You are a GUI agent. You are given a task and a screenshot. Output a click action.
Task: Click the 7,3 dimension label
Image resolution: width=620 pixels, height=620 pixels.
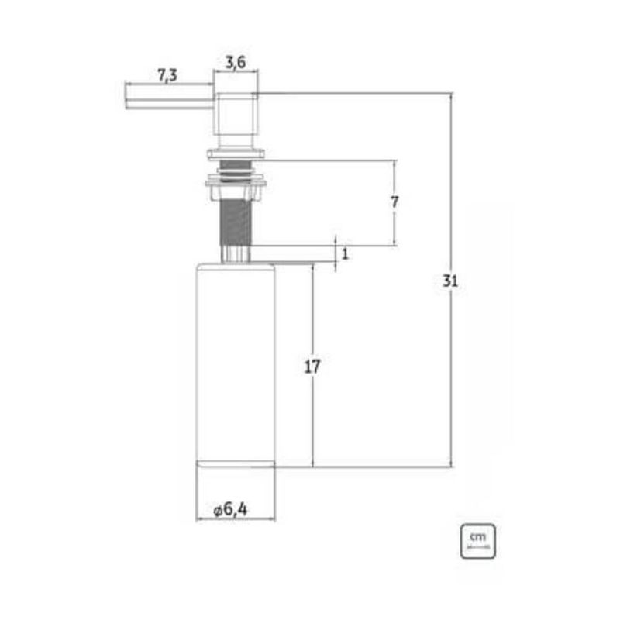[x=167, y=75]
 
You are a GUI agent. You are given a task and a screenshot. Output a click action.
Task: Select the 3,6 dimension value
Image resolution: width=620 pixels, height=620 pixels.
[x=236, y=62]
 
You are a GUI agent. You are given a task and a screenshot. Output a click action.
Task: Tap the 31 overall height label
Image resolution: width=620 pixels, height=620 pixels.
[x=450, y=281]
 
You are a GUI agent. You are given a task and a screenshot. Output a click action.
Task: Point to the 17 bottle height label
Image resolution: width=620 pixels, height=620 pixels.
[x=312, y=367]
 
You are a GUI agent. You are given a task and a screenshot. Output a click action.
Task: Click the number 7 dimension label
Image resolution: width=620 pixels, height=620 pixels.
[x=394, y=202]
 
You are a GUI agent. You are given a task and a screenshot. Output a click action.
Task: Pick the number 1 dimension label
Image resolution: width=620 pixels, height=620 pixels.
[x=345, y=254]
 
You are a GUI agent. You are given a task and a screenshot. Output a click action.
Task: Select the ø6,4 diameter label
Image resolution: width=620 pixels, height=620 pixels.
[x=230, y=509]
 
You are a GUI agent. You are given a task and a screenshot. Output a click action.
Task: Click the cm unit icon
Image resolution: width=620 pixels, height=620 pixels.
[x=477, y=541]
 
